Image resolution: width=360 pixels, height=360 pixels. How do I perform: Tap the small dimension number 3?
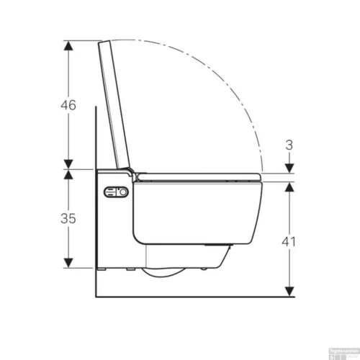289,145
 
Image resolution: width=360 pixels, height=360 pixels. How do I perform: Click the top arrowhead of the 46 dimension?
68,45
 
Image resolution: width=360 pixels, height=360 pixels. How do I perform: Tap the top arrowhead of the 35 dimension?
68,174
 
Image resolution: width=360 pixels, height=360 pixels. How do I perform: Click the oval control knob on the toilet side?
116,193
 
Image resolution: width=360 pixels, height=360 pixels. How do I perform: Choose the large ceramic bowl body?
194,212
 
